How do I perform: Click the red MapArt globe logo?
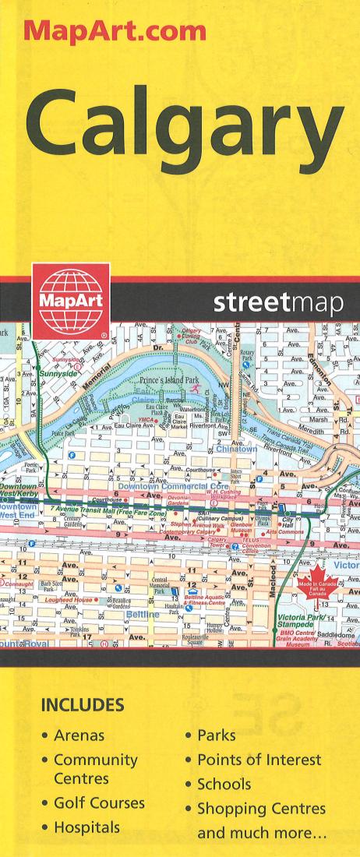click(x=70, y=301)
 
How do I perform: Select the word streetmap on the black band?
click(x=277, y=305)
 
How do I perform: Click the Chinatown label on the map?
click(x=236, y=450)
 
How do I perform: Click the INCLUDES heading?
click(x=83, y=705)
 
